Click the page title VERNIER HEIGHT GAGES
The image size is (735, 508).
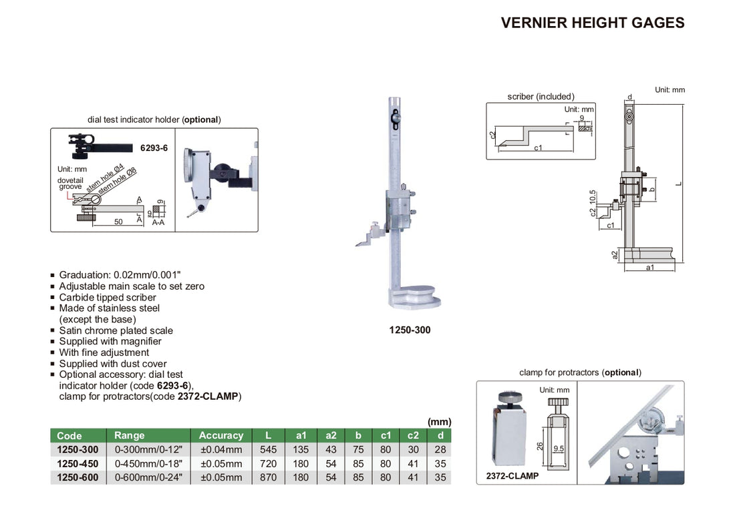[x=592, y=23]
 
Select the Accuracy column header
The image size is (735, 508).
[x=220, y=435]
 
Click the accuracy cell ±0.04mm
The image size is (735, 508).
[x=220, y=450]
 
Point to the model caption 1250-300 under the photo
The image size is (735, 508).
[x=410, y=330]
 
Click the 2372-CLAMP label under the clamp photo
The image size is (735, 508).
[x=508, y=477]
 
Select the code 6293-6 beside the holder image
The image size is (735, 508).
[x=154, y=148]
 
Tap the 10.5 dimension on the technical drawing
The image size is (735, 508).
[x=592, y=199]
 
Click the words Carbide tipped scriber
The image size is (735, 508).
[x=108, y=298]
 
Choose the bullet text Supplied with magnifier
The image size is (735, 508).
[x=110, y=341]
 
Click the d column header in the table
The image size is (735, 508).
[x=440, y=435]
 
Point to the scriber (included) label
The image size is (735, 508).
[x=541, y=97]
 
